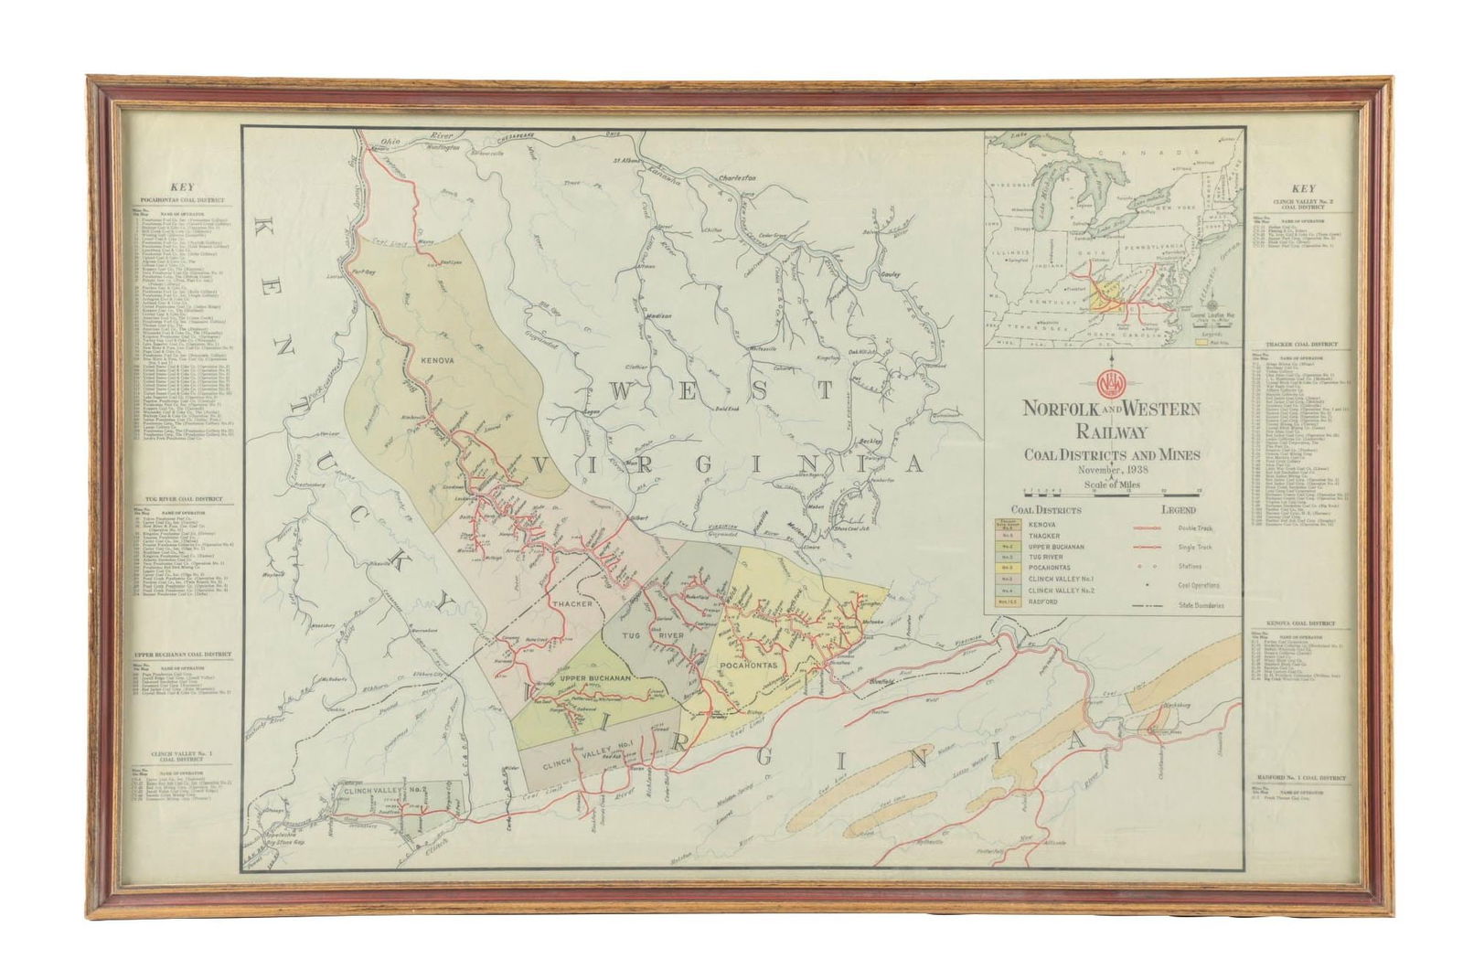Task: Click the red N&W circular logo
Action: pos(1108,379)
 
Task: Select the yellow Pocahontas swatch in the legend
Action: pos(1004,567)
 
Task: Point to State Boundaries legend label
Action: pos(1201,605)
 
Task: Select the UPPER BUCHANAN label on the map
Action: pos(595,677)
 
